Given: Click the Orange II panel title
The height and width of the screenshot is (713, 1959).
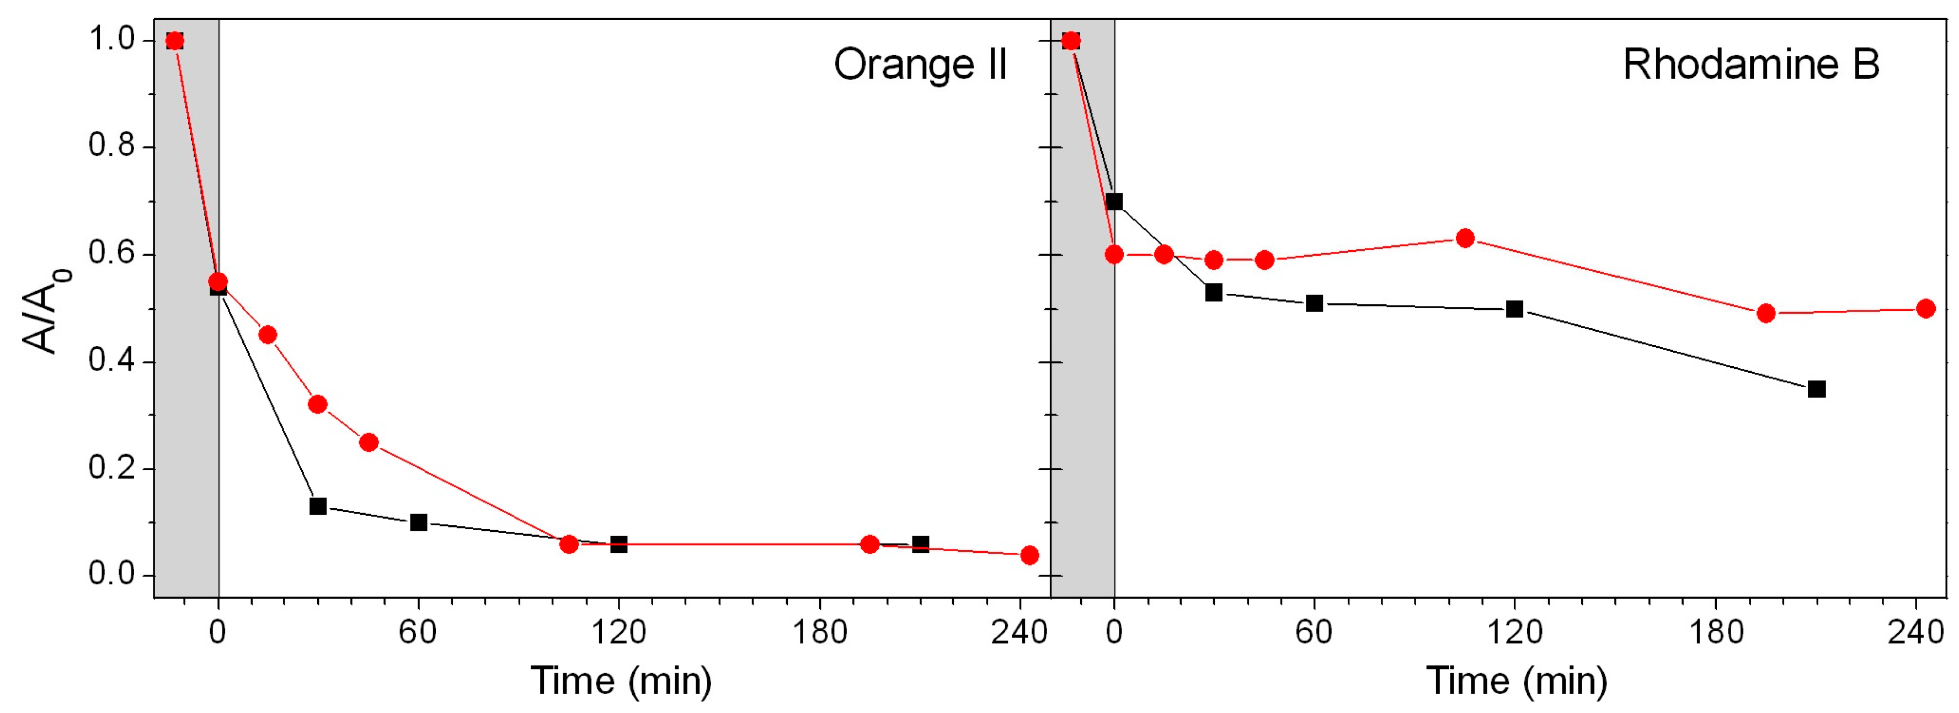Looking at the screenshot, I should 920,65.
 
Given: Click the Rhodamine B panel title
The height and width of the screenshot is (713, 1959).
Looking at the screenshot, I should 1750,65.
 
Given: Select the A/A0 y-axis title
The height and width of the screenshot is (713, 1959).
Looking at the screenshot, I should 47,310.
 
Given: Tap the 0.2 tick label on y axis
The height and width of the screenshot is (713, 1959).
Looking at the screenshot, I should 111,467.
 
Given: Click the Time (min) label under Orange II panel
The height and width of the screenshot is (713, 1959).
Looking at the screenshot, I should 621,680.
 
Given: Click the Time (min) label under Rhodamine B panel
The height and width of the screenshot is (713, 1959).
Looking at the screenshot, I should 1517,680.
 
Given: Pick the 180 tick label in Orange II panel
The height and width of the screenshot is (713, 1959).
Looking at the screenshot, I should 819,632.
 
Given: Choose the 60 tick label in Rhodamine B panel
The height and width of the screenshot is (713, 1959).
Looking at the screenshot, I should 1314,632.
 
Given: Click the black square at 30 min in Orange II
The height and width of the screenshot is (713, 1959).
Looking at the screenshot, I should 318,506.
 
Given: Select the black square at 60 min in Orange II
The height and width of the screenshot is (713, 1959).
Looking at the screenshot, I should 418,522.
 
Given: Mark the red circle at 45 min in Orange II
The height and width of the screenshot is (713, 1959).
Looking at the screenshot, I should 369,442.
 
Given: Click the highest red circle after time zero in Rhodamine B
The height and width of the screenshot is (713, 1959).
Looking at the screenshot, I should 1465,238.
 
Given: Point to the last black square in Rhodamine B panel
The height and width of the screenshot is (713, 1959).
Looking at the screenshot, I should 1817,389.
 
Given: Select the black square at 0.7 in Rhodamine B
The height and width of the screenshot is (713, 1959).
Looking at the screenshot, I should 1114,202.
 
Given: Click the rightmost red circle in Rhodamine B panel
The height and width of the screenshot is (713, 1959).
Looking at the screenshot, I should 1925,308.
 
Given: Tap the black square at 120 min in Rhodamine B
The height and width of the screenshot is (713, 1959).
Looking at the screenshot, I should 1515,309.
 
